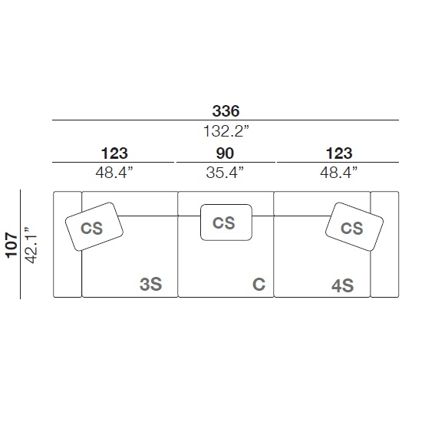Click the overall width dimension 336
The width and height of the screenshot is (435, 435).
226,111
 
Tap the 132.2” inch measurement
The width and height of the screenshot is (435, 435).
226,131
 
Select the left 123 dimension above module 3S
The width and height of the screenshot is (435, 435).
114,153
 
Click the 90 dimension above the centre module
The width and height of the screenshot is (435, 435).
225,153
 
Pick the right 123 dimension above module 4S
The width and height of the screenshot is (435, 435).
339,153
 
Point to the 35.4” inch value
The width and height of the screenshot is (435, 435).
225,173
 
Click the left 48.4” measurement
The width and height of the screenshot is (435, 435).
114,173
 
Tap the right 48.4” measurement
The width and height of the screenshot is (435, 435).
339,173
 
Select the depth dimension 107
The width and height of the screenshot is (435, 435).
12,246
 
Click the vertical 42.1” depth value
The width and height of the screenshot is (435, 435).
31,246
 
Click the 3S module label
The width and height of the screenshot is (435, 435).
150,285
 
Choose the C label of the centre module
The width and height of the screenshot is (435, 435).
259,285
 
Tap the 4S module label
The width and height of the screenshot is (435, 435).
343,285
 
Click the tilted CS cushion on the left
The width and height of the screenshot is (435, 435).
94,226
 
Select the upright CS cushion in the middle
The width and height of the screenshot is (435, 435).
226,222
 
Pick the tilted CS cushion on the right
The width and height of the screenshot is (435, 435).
354,226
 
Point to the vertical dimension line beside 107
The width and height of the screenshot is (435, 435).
20,245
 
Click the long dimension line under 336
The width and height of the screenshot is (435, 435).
226,120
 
